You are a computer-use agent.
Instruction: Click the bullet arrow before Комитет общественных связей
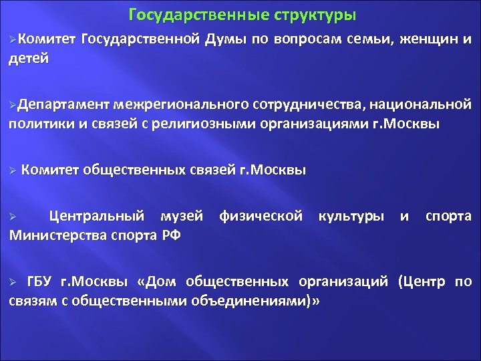(x=12, y=170)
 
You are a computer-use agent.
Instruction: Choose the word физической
(x=260, y=216)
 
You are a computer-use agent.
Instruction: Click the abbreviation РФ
(x=171, y=235)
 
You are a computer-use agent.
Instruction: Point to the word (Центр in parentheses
(x=424, y=281)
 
